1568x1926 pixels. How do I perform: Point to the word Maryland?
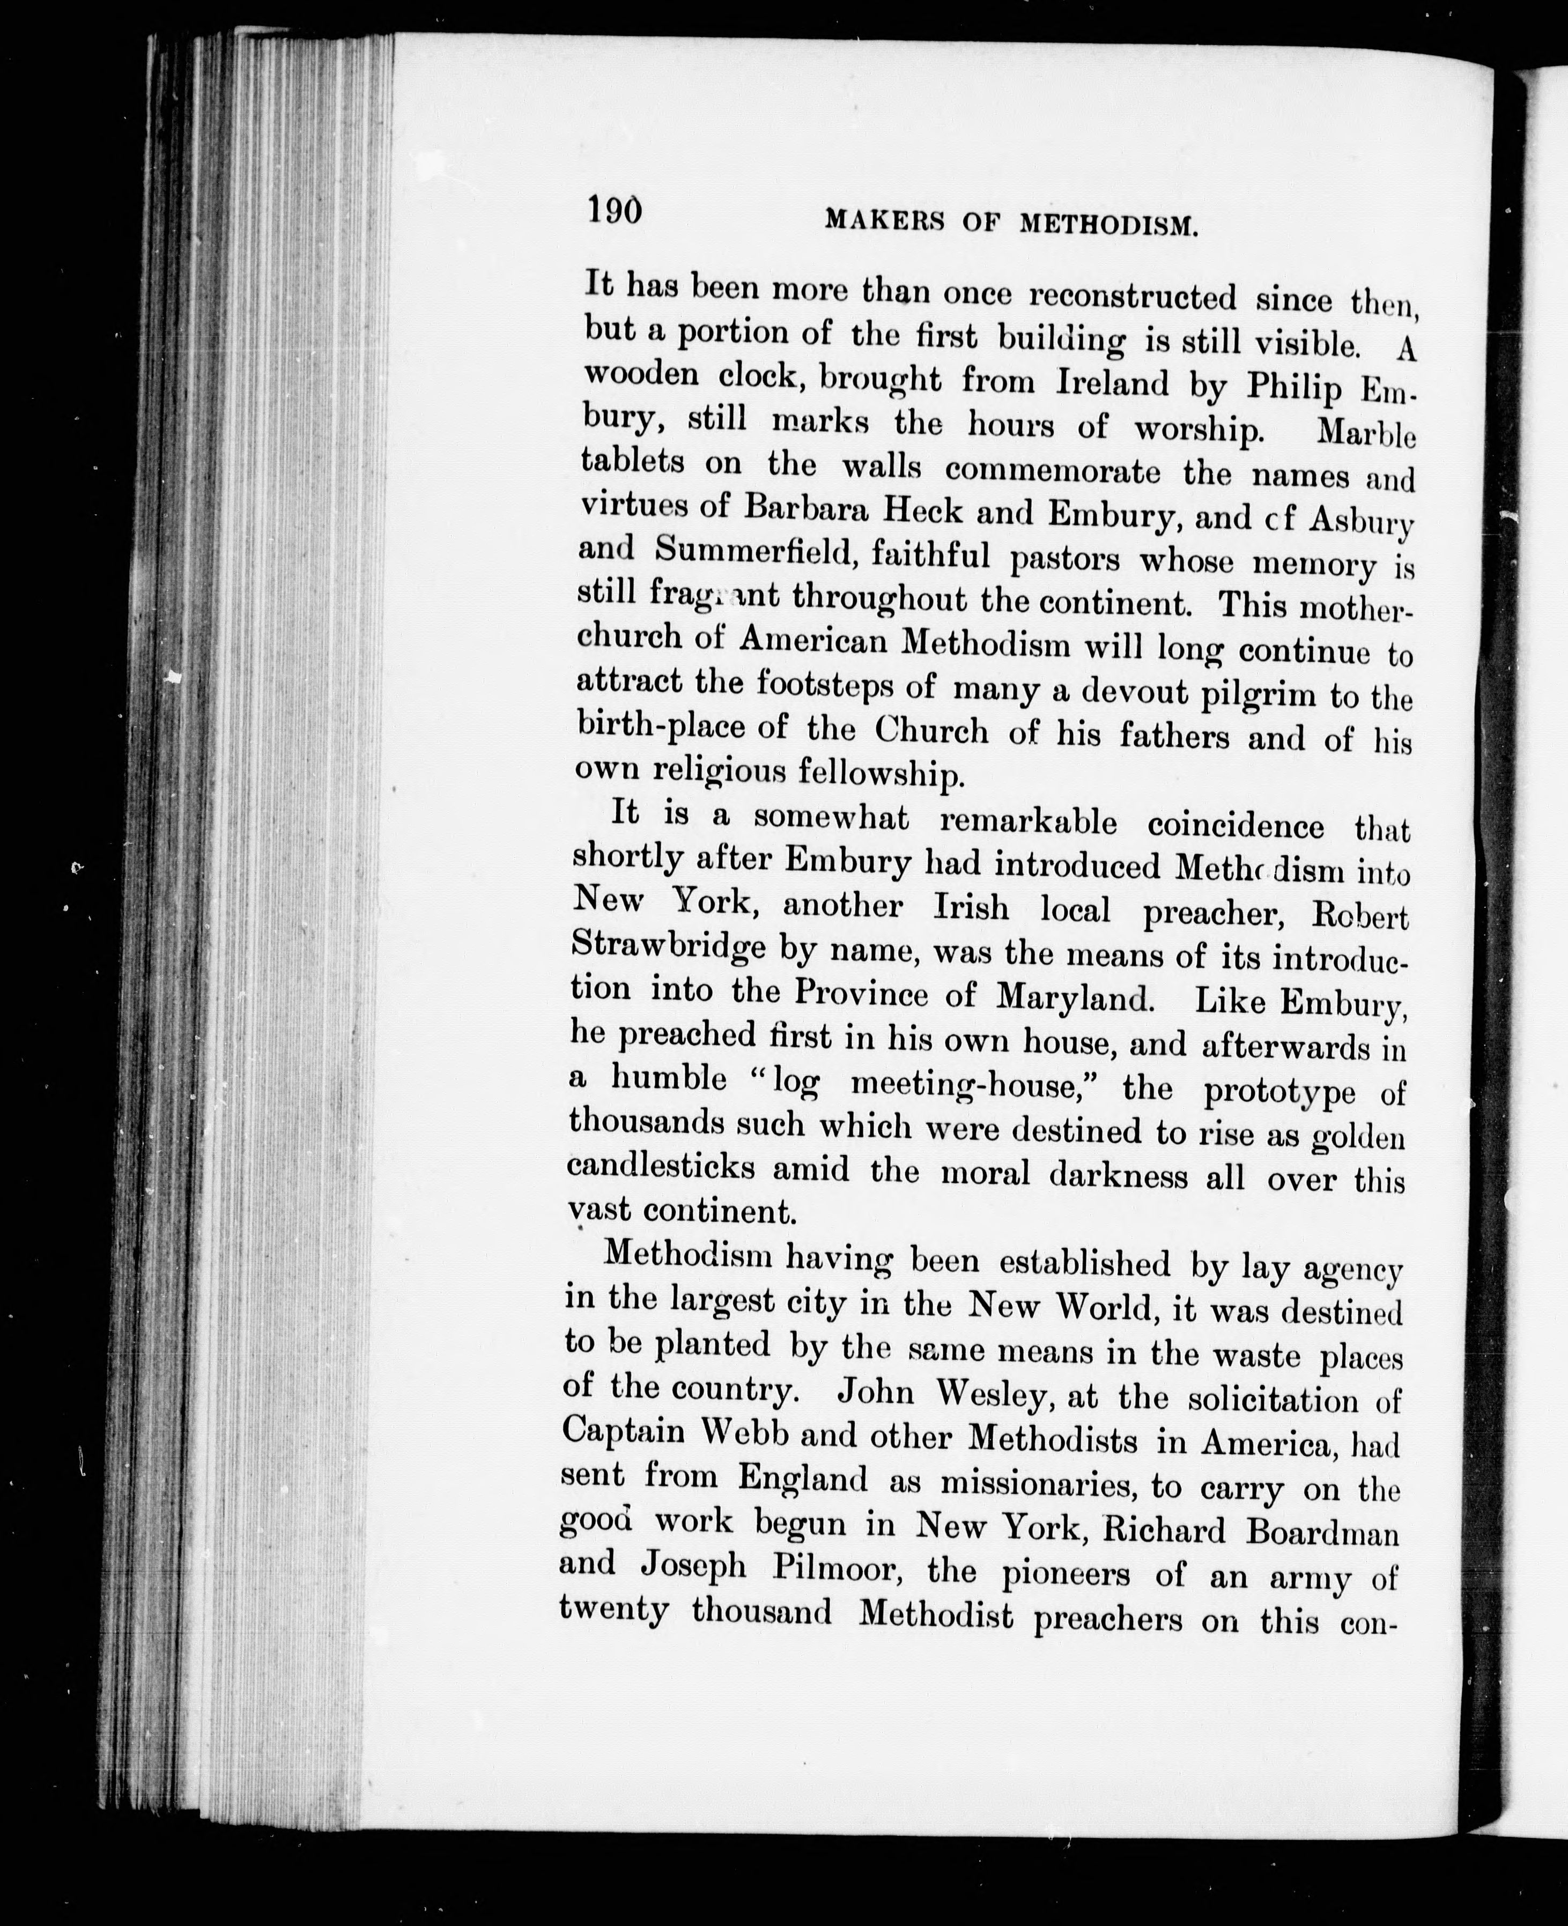1075,997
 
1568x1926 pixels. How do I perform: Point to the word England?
802,1478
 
